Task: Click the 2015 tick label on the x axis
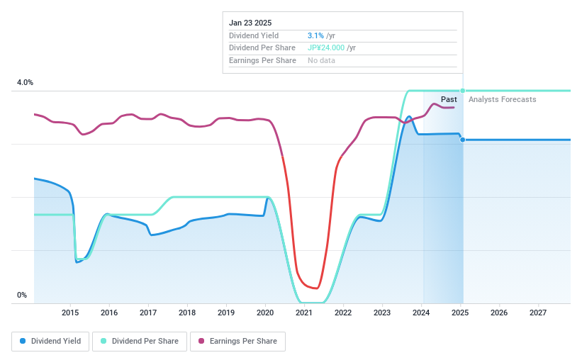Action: (x=70, y=313)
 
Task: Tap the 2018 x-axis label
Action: (x=187, y=313)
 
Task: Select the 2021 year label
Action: (x=304, y=313)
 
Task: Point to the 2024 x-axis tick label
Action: (x=421, y=313)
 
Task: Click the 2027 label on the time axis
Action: (x=538, y=313)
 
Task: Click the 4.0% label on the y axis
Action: (x=26, y=83)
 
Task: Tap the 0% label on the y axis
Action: (x=22, y=296)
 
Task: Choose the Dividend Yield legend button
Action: (x=50, y=341)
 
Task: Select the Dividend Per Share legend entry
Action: (x=140, y=341)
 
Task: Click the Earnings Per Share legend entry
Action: (x=237, y=341)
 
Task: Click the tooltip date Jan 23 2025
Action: (x=250, y=23)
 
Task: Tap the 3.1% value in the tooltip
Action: (x=315, y=35)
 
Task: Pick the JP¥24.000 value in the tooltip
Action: (x=326, y=47)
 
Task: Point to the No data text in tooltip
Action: (x=321, y=60)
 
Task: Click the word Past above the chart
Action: (x=449, y=99)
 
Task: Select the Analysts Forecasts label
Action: (x=502, y=99)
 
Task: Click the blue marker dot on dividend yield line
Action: (x=463, y=140)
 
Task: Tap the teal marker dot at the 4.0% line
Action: (x=463, y=91)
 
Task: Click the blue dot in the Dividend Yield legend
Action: (x=23, y=341)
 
